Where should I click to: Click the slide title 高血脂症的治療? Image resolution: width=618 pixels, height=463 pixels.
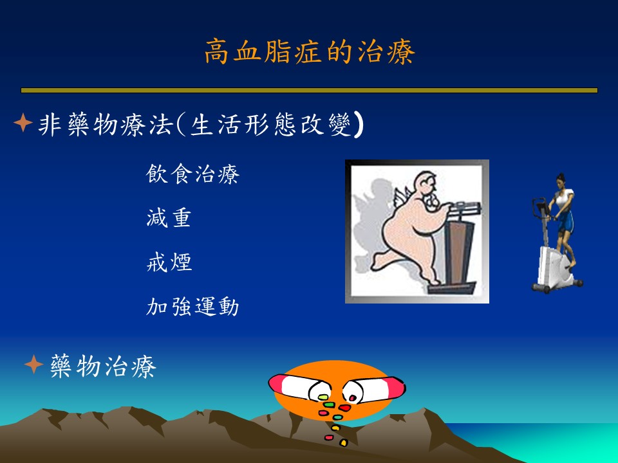[x=310, y=51]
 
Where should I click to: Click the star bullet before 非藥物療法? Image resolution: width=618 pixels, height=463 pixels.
[x=23, y=122]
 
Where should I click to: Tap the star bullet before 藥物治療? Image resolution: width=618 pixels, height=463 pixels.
[x=34, y=364]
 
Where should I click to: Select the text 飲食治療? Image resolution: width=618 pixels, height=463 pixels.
[x=192, y=174]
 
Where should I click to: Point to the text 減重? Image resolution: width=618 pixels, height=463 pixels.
[x=169, y=218]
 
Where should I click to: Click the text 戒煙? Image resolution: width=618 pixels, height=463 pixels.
[x=169, y=262]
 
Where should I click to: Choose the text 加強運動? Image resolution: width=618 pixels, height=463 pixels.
[x=192, y=306]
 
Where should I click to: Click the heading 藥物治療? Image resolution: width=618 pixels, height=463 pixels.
[x=103, y=366]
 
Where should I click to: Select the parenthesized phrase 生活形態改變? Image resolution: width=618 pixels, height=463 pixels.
[x=270, y=125]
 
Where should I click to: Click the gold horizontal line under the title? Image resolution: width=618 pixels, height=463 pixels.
[x=309, y=90]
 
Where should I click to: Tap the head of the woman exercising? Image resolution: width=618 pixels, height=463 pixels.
[x=561, y=179]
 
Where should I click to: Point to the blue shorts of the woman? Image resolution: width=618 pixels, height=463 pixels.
[x=566, y=222]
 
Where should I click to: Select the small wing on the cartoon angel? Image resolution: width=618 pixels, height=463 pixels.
[x=402, y=196]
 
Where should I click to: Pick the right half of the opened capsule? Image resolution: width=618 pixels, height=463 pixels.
[x=375, y=389]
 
